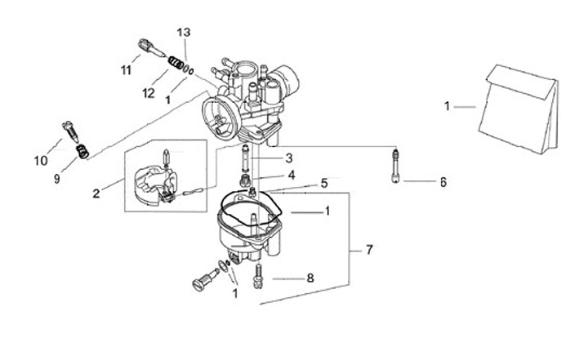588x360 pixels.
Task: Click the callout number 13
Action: click(184, 33)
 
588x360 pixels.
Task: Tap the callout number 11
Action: click(127, 70)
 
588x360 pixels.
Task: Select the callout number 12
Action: click(149, 93)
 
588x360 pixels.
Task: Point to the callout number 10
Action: click(41, 161)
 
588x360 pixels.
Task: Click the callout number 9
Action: click(56, 179)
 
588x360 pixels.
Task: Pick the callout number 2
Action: click(96, 193)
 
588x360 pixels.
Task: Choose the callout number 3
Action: click(289, 158)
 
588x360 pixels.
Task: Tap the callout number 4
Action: click(292, 175)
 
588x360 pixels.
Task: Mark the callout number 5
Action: click(324, 184)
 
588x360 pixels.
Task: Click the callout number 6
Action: click(443, 182)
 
